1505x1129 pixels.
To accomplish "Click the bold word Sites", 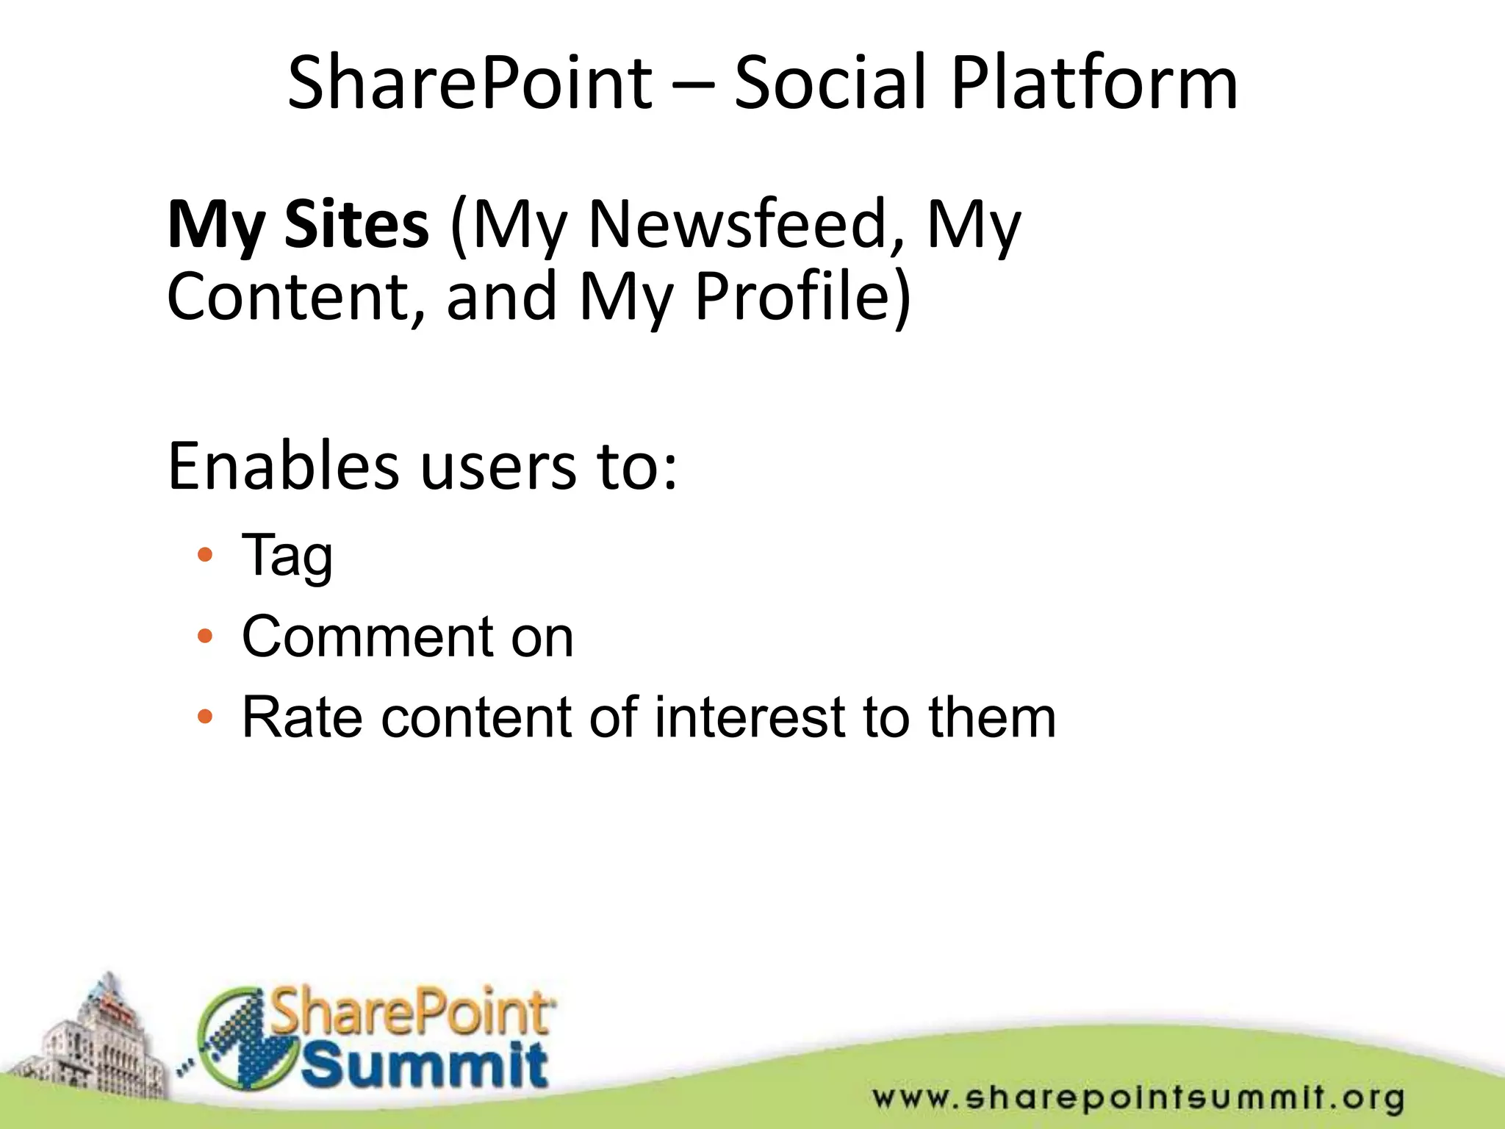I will tap(356, 224).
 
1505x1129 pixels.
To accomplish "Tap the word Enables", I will tap(283, 466).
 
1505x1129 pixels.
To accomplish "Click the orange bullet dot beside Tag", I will tap(205, 555).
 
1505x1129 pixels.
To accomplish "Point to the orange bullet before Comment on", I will tap(205, 636).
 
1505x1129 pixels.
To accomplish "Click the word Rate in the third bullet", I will tap(302, 717).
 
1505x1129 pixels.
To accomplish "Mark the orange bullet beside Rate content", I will tap(205, 717).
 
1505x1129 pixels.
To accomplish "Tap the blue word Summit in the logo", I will tap(425, 1065).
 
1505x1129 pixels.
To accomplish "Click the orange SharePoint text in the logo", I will tap(412, 1013).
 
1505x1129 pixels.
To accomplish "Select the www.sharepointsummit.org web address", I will tap(1138, 1098).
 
